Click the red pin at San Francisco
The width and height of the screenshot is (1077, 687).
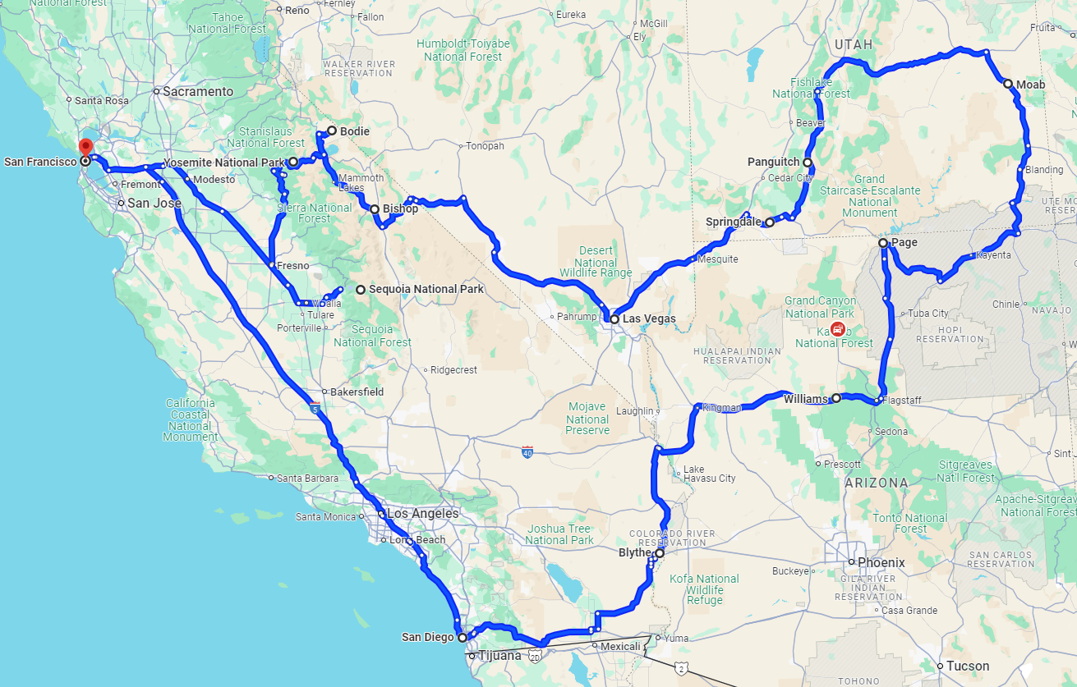tap(85, 149)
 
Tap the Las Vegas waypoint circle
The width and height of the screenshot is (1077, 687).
tap(614, 318)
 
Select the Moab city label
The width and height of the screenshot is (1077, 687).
tap(1030, 85)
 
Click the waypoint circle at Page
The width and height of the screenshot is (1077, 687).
tap(883, 243)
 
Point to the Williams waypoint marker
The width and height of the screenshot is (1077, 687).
tap(836, 398)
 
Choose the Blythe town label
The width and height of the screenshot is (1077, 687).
tap(634, 553)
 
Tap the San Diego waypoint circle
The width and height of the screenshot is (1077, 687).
tap(462, 637)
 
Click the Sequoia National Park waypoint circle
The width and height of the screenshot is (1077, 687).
tap(360, 289)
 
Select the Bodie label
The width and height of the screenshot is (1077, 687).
tap(354, 131)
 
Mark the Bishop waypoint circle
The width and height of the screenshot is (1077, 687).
tap(375, 209)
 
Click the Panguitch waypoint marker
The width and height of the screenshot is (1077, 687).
tap(808, 162)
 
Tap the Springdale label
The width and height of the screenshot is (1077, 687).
tap(734, 222)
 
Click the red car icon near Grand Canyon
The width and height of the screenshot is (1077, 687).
tap(837, 330)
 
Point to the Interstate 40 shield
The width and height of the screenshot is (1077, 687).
tap(527, 451)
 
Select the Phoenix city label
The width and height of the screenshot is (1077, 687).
tap(881, 563)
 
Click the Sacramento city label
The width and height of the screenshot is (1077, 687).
tap(197, 92)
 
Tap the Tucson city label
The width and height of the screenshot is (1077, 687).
tap(968, 666)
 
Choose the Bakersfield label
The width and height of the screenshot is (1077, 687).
tap(357, 392)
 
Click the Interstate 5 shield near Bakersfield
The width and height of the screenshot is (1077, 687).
tap(315, 407)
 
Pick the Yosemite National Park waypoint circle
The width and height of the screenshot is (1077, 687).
tap(292, 162)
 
